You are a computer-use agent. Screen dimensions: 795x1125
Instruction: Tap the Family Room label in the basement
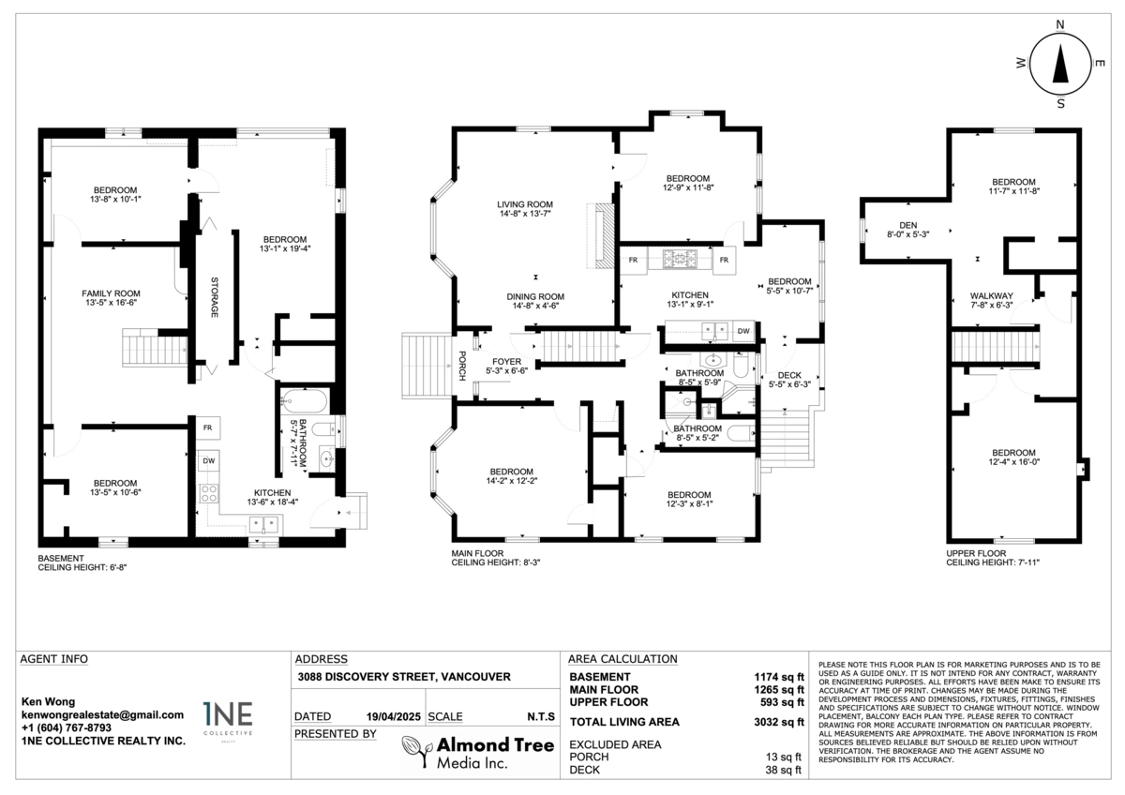(110, 292)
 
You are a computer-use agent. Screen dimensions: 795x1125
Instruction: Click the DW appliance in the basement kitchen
(208, 461)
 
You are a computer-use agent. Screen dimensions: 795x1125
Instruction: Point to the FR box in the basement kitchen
(208, 427)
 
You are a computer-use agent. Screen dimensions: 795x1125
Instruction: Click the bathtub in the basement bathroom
(303, 404)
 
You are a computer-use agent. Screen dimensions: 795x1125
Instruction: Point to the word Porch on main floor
(463, 360)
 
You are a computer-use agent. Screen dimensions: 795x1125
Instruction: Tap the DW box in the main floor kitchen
(742, 330)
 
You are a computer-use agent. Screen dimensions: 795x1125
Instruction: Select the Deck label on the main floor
(789, 374)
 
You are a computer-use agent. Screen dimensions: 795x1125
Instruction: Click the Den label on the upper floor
(907, 225)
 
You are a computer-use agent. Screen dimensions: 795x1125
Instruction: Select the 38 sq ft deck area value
(785, 771)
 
